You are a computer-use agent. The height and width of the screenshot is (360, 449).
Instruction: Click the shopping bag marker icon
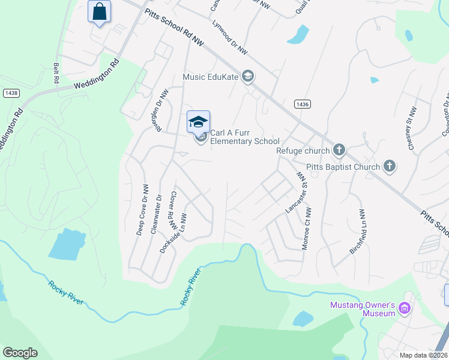click(x=100, y=11)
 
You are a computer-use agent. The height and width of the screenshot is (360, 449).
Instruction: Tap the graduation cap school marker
click(x=198, y=122)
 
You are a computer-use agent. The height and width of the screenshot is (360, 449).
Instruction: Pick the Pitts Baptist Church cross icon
click(x=389, y=166)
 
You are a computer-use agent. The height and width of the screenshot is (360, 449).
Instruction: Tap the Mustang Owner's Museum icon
click(x=405, y=309)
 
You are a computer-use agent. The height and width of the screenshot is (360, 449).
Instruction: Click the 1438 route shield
click(x=11, y=93)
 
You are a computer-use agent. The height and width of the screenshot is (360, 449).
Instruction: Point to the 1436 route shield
click(x=303, y=104)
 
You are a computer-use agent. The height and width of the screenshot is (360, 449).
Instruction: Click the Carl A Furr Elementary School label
click(x=244, y=137)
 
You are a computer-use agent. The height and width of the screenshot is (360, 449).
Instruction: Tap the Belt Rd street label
click(x=56, y=73)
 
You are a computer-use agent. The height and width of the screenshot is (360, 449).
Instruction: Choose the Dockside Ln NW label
click(x=172, y=233)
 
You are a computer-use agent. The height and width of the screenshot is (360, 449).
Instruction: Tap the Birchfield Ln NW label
click(x=357, y=231)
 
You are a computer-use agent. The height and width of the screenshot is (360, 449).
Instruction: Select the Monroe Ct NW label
click(x=307, y=229)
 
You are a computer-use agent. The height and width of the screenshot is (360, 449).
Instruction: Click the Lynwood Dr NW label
click(x=231, y=39)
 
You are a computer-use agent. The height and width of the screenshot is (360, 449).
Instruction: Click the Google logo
click(x=20, y=353)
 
